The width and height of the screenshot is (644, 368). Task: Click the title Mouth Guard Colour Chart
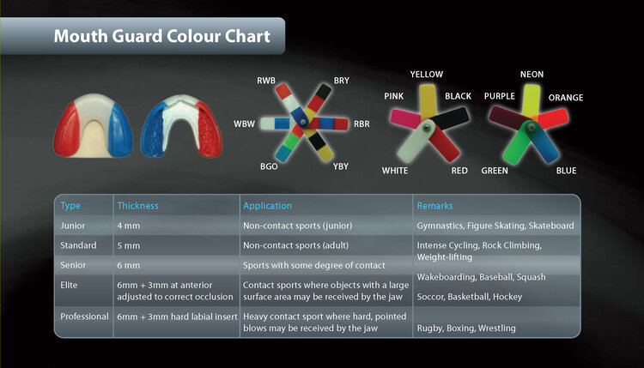(x=161, y=37)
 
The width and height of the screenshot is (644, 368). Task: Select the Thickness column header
(x=137, y=206)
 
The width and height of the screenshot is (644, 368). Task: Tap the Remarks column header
(x=434, y=206)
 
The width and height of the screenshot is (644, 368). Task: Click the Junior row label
(x=72, y=226)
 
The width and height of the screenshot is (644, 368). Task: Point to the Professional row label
(x=84, y=317)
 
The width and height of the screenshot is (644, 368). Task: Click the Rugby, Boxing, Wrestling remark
(x=466, y=328)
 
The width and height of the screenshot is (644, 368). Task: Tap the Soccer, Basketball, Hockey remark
(x=470, y=297)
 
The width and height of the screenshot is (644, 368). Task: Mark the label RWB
(x=266, y=81)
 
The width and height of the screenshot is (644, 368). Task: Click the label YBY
(x=341, y=167)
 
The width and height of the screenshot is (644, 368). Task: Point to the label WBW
(x=244, y=124)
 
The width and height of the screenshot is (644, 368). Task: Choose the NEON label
(x=532, y=75)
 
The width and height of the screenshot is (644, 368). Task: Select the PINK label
(x=393, y=97)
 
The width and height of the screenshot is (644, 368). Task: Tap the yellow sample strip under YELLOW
(x=427, y=99)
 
